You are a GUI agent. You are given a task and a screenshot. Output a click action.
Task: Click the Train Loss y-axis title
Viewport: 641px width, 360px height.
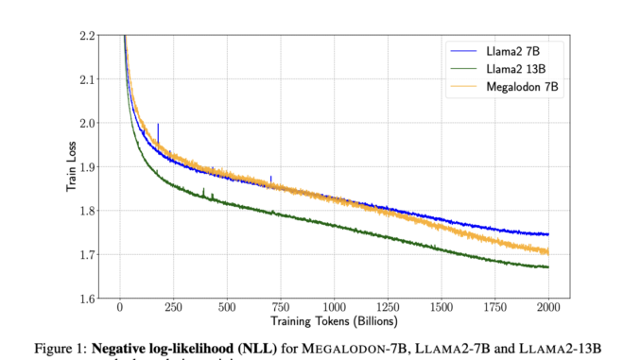click(70, 167)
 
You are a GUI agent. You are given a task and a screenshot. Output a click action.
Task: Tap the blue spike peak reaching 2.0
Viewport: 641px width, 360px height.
click(158, 125)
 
